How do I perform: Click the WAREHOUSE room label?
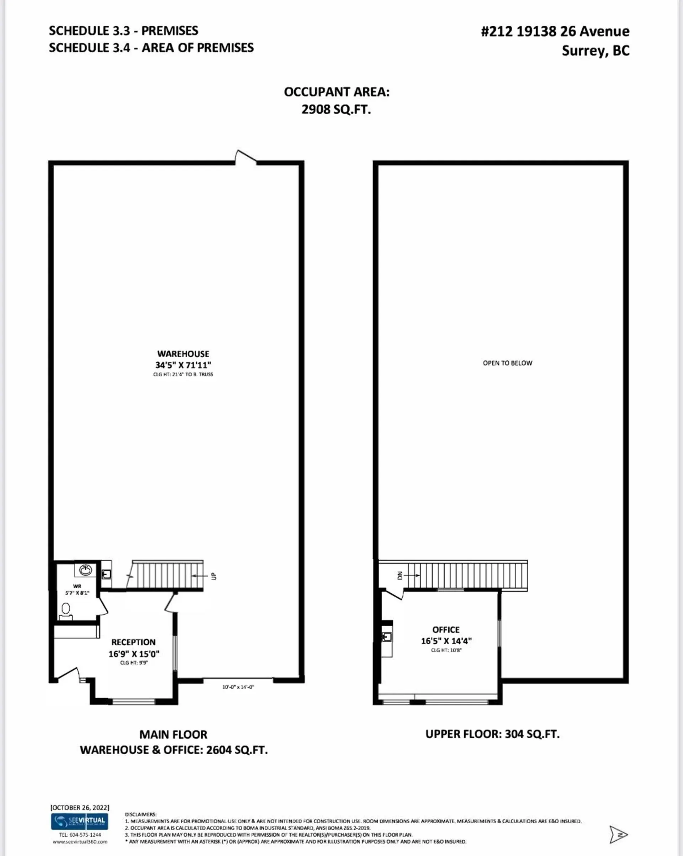coord(183,354)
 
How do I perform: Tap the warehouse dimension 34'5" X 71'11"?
coord(183,365)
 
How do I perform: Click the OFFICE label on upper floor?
coord(446,630)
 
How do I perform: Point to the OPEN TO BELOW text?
coord(508,363)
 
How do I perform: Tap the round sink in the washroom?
coord(85,570)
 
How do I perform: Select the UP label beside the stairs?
coord(214,576)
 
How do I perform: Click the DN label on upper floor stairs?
coord(400,575)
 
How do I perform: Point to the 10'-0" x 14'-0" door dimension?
coord(238,687)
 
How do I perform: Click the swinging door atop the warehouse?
coord(245,157)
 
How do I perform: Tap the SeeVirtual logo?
coord(80,821)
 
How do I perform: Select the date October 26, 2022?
coord(80,807)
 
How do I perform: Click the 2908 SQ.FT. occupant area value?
coord(336,109)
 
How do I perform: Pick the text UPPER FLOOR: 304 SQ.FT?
coord(492,734)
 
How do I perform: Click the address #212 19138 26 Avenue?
coord(555,31)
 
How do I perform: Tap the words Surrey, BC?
coord(595,51)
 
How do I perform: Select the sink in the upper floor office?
coord(386,637)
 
